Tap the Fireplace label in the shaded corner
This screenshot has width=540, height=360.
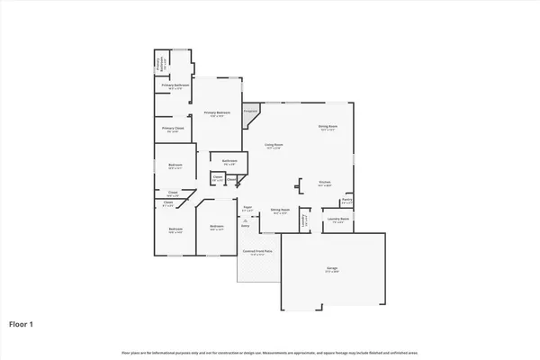pyautogui.click(x=251, y=111)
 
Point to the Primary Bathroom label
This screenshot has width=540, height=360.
pyautogui.click(x=175, y=86)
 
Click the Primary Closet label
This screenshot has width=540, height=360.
pyautogui.click(x=173, y=129)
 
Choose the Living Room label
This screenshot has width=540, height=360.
pyautogui.click(x=274, y=145)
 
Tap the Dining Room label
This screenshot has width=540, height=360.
pyautogui.click(x=328, y=127)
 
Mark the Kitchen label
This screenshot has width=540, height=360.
pyautogui.click(x=325, y=182)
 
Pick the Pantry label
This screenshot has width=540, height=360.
pyautogui.click(x=346, y=202)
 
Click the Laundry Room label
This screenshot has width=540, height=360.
pyautogui.click(x=338, y=219)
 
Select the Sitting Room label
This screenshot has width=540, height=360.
pyautogui.click(x=279, y=212)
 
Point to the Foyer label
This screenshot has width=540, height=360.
pyautogui.click(x=247, y=208)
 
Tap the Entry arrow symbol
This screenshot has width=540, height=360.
pyautogui.click(x=244, y=221)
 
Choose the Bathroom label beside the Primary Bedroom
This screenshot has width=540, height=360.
pyautogui.click(x=229, y=162)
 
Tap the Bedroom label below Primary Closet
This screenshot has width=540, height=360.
pyautogui.click(x=175, y=166)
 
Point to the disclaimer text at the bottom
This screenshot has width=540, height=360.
pyautogui.click(x=270, y=350)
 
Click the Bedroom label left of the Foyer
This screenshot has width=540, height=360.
pyautogui.click(x=216, y=227)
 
